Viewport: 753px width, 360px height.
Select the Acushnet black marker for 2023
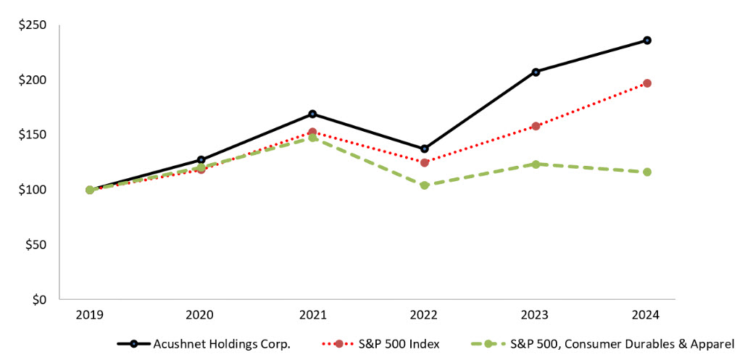[x=536, y=72]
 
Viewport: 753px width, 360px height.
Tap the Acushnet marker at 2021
[x=312, y=114]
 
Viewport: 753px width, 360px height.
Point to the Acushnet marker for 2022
[x=425, y=148]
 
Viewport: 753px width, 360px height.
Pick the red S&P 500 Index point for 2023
[x=536, y=126]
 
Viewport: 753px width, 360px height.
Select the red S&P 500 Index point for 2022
[x=425, y=162]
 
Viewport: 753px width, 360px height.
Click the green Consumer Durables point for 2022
[x=425, y=185]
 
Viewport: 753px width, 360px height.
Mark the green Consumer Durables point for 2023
[x=536, y=164]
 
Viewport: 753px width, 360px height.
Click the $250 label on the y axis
[x=32, y=25]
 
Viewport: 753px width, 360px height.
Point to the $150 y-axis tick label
[x=32, y=135]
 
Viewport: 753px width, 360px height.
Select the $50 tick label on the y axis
[x=35, y=245]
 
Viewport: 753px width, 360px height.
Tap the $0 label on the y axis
[x=38, y=299]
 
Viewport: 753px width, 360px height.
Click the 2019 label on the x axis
[x=90, y=316]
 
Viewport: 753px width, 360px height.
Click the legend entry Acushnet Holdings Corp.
[x=221, y=344]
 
